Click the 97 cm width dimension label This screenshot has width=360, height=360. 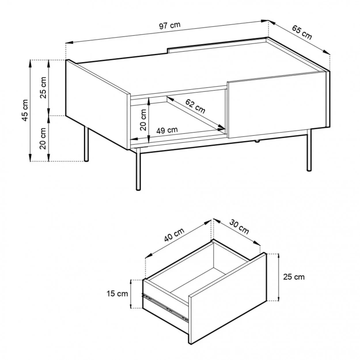point(170,26)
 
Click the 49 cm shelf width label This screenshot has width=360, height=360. point(167,130)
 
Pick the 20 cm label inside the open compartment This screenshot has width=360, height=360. point(143,120)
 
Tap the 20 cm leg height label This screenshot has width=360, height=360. point(43,139)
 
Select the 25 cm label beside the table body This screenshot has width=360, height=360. point(43,88)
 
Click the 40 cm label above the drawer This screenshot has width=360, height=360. point(174,235)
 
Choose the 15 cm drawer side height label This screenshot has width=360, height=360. point(117,294)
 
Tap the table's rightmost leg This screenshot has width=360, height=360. point(309,150)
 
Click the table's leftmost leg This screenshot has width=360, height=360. point(86,143)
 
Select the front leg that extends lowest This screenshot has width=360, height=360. point(138,169)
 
